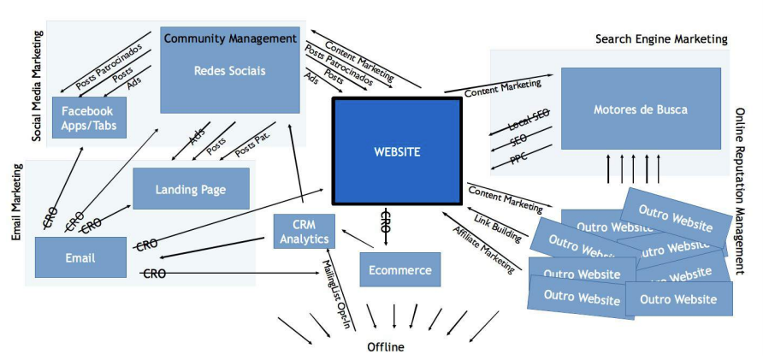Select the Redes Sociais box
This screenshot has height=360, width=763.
click(x=229, y=71)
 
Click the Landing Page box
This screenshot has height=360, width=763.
click(x=191, y=189)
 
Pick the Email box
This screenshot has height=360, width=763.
click(x=80, y=257)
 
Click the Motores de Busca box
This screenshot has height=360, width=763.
click(x=640, y=109)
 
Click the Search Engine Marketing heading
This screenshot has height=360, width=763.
click(x=661, y=39)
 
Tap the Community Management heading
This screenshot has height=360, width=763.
click(x=229, y=38)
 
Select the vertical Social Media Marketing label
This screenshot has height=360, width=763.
click(x=38, y=86)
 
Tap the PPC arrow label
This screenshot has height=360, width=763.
click(x=518, y=158)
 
